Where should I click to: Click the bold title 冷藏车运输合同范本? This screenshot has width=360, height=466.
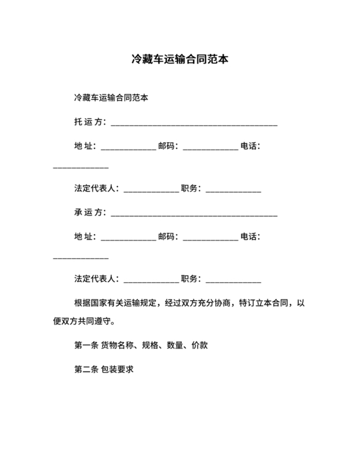coord(180,60)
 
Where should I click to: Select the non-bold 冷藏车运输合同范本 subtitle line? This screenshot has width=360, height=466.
coord(111,98)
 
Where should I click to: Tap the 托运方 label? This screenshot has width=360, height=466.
coord(89,122)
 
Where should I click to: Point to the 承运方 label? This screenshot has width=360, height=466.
coord(89,212)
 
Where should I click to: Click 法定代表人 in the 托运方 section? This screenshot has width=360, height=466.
coord(95,188)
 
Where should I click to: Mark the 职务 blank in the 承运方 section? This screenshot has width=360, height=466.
coord(233,280)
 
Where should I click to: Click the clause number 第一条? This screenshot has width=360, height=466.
coord(86,345)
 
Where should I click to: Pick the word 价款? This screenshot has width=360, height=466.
coord(200,345)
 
